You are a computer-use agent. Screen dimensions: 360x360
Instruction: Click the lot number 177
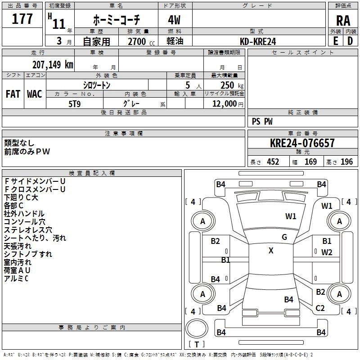click(x=22, y=19)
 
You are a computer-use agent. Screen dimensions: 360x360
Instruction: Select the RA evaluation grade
click(x=343, y=20)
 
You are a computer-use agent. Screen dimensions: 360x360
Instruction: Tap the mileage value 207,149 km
click(x=53, y=64)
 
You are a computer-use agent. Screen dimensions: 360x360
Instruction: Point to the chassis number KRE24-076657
click(x=302, y=143)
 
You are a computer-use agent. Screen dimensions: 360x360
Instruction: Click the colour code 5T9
click(x=74, y=103)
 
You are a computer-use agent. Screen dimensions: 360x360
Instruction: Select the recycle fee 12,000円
click(x=227, y=103)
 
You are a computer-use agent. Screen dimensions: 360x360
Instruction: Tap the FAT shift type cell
click(x=13, y=94)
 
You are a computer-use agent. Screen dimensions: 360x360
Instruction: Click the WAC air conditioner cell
click(x=34, y=94)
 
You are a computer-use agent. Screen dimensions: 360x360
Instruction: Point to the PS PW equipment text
click(x=262, y=121)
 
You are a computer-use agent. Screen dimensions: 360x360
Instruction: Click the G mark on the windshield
click(x=284, y=237)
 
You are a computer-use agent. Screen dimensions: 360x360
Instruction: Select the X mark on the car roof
click(x=271, y=251)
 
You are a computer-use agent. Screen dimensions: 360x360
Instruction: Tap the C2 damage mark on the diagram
click(x=320, y=308)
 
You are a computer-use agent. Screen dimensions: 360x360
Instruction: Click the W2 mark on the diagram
click(x=327, y=252)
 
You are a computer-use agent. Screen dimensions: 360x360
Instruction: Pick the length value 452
click(x=273, y=162)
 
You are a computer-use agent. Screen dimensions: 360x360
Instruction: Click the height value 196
click(x=347, y=162)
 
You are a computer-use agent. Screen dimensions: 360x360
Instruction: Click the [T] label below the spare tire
click(x=197, y=344)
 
